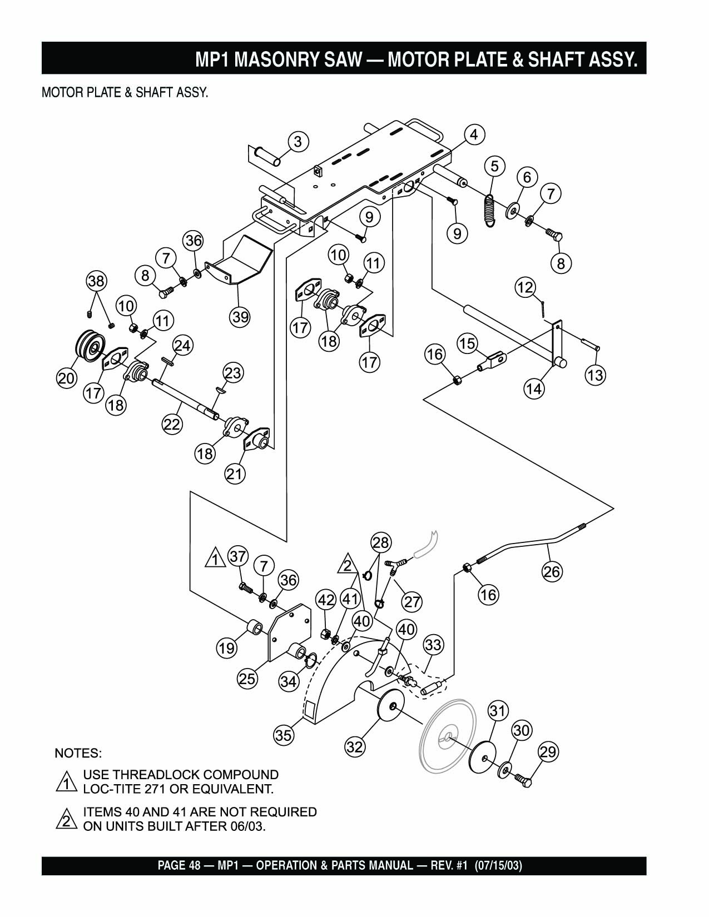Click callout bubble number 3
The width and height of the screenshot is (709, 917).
[298, 142]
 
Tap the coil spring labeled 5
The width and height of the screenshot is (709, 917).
[489, 209]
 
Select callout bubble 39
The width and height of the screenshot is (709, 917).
[240, 317]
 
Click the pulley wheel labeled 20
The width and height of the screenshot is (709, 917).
[88, 348]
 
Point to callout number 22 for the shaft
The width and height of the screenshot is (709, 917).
[172, 424]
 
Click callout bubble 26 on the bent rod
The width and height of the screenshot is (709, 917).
[552, 572]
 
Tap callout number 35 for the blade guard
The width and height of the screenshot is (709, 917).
[284, 735]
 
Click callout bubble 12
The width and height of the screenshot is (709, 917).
[525, 287]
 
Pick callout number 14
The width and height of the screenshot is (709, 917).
[534, 388]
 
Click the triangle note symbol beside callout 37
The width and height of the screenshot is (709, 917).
[214, 557]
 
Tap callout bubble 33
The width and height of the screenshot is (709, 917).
[433, 645]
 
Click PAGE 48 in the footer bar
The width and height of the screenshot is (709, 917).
[175, 865]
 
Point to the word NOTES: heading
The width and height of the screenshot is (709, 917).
[78, 754]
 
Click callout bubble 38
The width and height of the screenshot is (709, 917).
[97, 281]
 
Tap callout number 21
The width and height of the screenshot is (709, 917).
[235, 474]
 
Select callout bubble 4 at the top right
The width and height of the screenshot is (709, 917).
[473, 134]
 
